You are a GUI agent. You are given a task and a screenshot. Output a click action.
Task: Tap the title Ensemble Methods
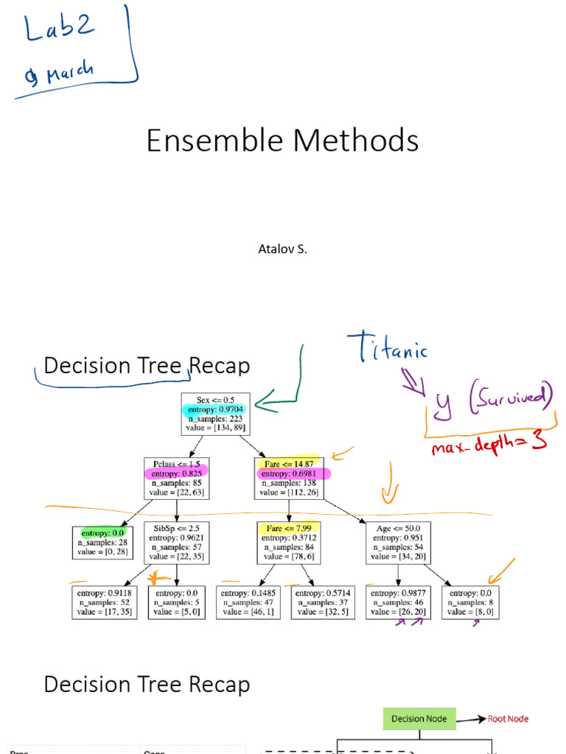[282, 140]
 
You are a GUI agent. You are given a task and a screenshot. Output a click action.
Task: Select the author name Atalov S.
[282, 249]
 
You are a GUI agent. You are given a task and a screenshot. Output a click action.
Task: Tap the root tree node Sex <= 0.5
[215, 414]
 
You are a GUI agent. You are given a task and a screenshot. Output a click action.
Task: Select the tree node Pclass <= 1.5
[176, 478]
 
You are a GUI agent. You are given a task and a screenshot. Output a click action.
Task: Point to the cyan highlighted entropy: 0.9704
[216, 409]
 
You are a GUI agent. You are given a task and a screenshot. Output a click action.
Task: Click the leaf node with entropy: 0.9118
[103, 602]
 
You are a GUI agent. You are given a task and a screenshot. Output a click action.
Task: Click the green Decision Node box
[419, 719]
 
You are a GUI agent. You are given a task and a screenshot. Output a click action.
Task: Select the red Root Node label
[508, 719]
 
